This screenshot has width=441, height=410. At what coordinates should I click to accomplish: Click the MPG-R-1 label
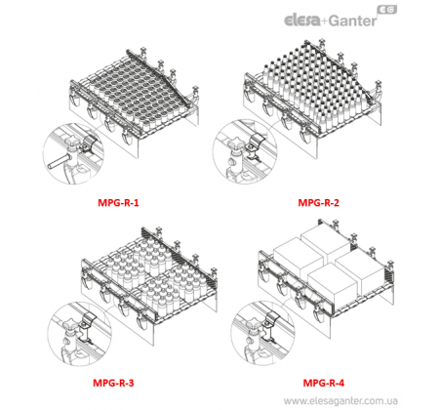[x=118, y=203]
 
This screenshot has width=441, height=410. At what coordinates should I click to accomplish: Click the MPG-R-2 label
[x=318, y=203]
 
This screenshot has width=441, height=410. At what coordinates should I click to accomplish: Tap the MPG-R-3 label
[x=113, y=383]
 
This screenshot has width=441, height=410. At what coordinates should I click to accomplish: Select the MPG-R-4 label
[x=323, y=383]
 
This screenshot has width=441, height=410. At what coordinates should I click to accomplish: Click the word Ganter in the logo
[x=352, y=20]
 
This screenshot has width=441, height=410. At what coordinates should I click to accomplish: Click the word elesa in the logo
[x=302, y=20]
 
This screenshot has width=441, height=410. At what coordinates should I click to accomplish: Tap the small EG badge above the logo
[x=387, y=10]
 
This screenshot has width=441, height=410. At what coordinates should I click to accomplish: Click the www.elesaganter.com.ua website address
[x=341, y=400]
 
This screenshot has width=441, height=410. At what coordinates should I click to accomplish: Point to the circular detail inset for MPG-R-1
[x=73, y=153]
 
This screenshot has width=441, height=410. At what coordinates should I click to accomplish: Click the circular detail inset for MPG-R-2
[x=245, y=151]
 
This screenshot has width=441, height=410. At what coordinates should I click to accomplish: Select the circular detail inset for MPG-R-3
[x=80, y=334]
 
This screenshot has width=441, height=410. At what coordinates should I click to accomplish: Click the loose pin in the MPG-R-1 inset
[x=58, y=162]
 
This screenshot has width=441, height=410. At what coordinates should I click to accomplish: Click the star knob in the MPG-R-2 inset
[x=235, y=143]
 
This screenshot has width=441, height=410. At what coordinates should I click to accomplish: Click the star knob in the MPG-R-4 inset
[x=254, y=323]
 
